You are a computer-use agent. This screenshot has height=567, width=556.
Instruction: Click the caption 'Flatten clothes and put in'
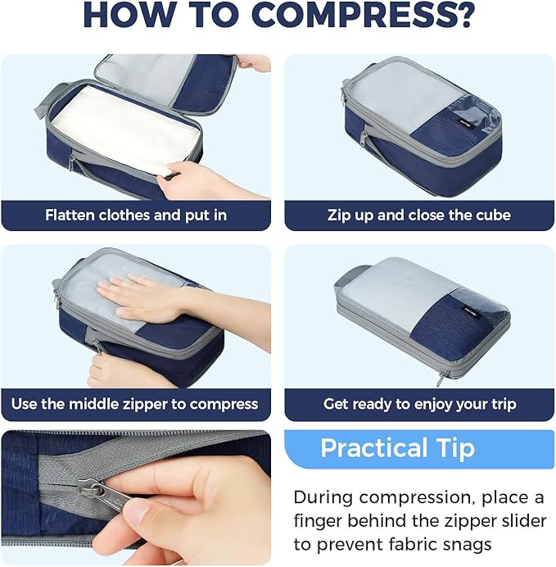click(136, 215)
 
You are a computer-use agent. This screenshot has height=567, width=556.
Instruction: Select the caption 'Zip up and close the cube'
click(418, 215)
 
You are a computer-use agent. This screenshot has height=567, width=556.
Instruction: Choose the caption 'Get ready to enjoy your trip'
click(419, 404)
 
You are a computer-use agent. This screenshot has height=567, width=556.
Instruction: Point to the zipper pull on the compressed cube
click(442, 378)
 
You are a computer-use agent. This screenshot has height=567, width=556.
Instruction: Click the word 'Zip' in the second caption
click(339, 215)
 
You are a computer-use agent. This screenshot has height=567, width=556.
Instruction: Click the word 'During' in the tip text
click(322, 497)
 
